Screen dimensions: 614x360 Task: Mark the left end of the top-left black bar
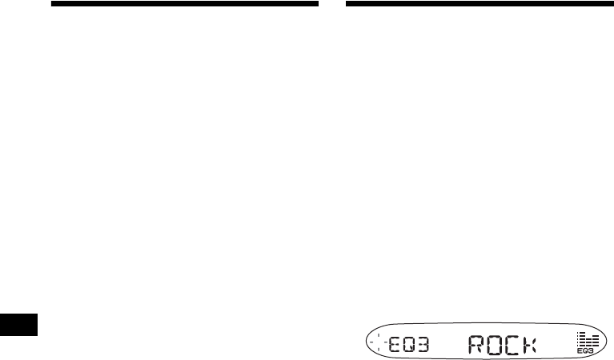[53, 4]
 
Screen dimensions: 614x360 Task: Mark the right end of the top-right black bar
[611, 4]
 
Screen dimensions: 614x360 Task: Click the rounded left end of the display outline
[366, 343]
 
